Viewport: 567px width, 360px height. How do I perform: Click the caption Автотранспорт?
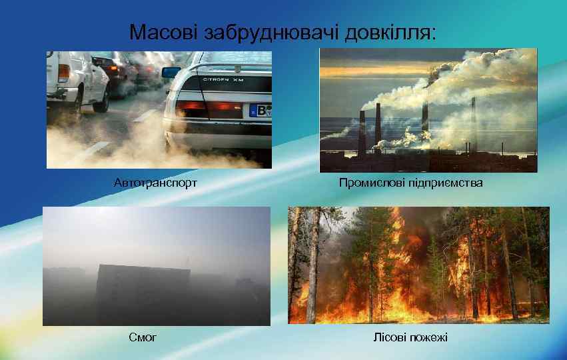[155, 182]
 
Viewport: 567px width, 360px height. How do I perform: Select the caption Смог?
[143, 337]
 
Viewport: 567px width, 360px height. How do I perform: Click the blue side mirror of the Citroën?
[171, 72]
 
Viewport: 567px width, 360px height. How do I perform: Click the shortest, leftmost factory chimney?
[362, 129]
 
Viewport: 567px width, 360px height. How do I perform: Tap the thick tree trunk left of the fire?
[311, 267]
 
